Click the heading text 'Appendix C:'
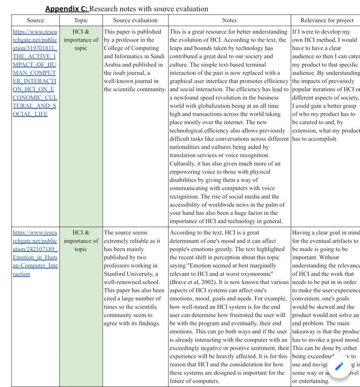pos(67,9)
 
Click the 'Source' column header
pos(35,20)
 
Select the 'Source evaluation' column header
pos(135,20)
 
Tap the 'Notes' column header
pos(229,20)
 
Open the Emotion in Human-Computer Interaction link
pos(35,253)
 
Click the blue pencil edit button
pos(339,366)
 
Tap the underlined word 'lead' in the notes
pos(278,89)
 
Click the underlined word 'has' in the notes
pos(269,48)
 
